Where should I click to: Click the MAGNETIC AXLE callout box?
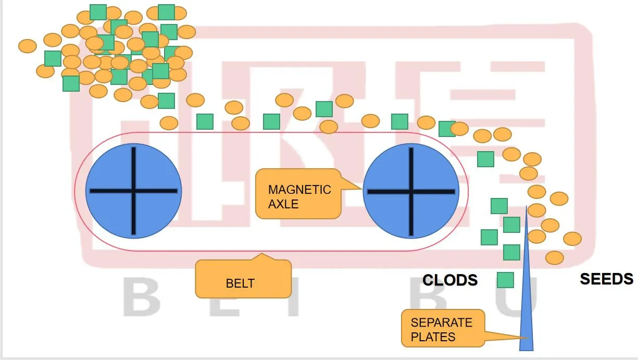click(298, 194)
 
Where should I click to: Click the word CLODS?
click(450, 280)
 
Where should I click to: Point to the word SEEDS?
click(606, 279)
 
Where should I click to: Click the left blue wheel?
click(133, 191)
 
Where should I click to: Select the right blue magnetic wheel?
click(411, 191)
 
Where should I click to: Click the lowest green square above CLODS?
click(505, 280)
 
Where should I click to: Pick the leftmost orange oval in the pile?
click(27, 46)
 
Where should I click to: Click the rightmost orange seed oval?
click(572, 239)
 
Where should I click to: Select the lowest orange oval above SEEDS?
click(555, 257)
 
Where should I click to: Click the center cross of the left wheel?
click(133, 191)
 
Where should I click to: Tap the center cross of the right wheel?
click(411, 191)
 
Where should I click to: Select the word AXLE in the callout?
click(283, 204)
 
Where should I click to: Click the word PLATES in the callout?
click(433, 337)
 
